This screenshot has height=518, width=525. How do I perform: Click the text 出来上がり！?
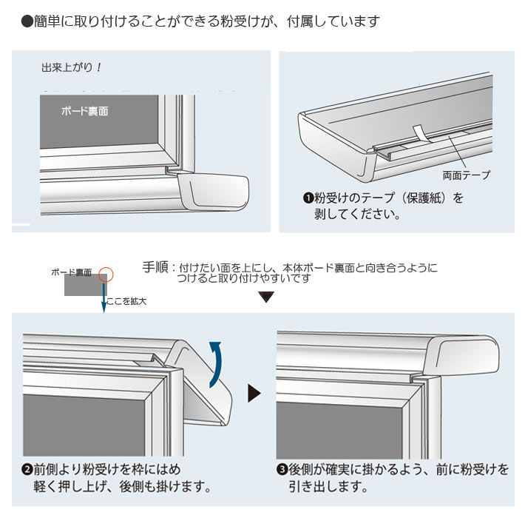[x=71, y=67]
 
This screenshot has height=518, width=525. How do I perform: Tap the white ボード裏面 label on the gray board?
[x=84, y=112]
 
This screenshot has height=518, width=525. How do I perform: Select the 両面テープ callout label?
[x=466, y=176]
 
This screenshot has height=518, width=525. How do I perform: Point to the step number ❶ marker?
[x=308, y=198]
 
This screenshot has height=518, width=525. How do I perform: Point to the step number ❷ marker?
[x=27, y=470]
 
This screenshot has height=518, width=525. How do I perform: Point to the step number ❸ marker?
[x=282, y=470]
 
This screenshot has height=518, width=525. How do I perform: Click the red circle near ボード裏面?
[x=106, y=272]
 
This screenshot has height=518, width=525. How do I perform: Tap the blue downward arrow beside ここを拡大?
[x=104, y=296]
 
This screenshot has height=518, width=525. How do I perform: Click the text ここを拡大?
[x=126, y=301]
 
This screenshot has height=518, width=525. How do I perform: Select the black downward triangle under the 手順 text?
[x=266, y=297]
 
